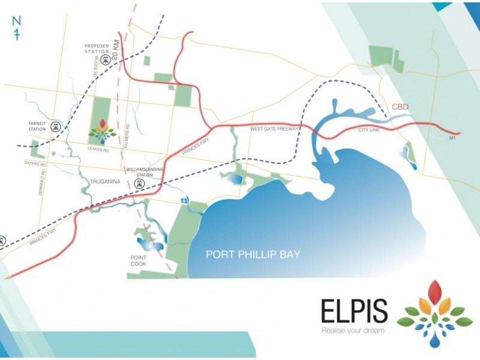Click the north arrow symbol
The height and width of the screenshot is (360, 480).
17,28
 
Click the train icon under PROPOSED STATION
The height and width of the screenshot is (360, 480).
106,60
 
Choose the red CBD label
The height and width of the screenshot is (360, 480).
401,107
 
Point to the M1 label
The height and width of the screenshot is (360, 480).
453,139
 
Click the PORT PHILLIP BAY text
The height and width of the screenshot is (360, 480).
253,254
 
